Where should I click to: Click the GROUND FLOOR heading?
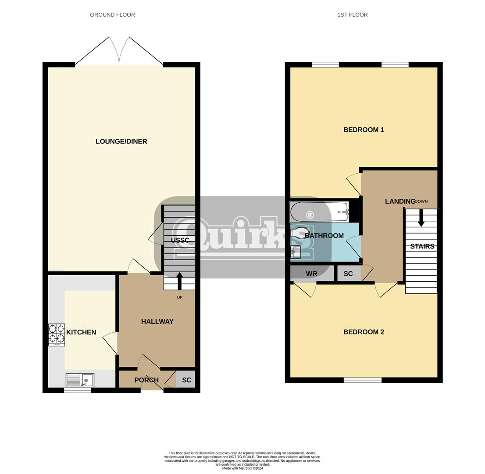(112, 15)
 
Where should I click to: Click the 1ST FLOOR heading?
(352, 15)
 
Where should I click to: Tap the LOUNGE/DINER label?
(121, 141)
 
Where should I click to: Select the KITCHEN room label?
(81, 332)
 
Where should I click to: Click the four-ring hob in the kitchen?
(57, 335)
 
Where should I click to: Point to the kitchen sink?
(80, 380)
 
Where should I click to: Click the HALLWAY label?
(157, 322)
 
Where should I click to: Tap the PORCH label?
(146, 380)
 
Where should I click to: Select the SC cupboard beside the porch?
(186, 380)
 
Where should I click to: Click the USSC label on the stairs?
(180, 241)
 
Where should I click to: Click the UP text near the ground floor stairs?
(179, 298)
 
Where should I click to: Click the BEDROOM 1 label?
(364, 130)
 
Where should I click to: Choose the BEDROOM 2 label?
(364, 332)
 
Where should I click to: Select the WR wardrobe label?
(311, 274)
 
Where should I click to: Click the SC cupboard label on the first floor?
(348, 274)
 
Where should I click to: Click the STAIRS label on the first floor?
(422, 247)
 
